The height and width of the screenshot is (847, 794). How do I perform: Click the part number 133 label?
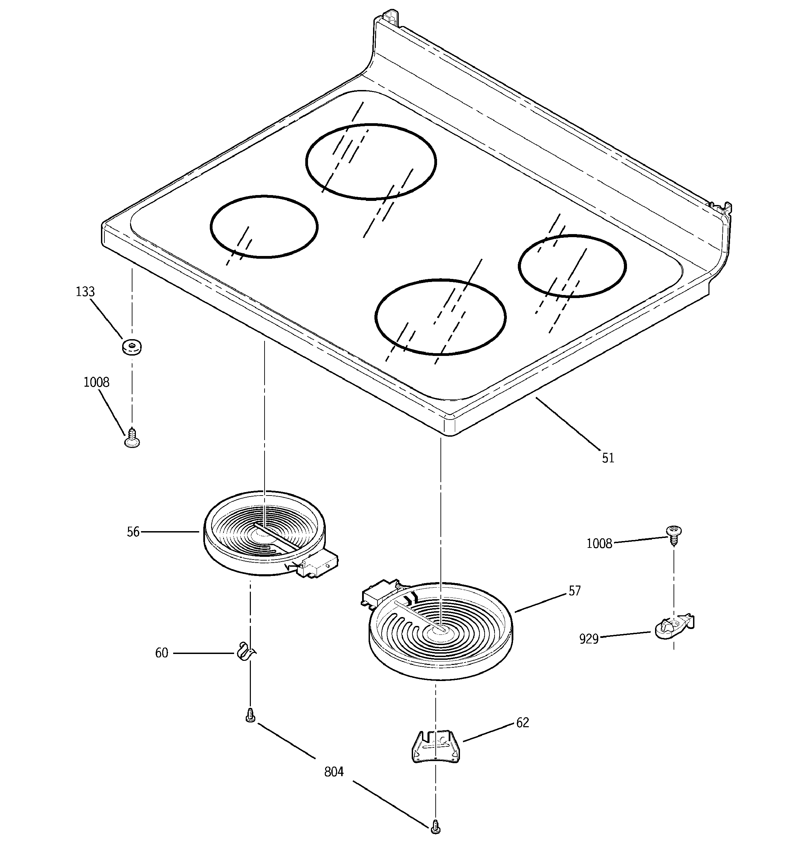(85, 292)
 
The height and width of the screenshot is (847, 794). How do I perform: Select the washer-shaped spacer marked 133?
(132, 346)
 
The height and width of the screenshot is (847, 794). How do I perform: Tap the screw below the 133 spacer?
(132, 438)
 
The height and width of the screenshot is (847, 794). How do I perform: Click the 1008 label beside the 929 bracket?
(599, 544)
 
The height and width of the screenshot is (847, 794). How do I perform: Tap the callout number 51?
(608, 458)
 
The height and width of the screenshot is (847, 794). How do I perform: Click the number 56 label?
(133, 532)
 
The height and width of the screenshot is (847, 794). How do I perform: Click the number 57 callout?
(575, 591)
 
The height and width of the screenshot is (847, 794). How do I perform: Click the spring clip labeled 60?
(246, 652)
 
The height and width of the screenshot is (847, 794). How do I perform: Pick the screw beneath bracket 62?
(435, 826)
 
